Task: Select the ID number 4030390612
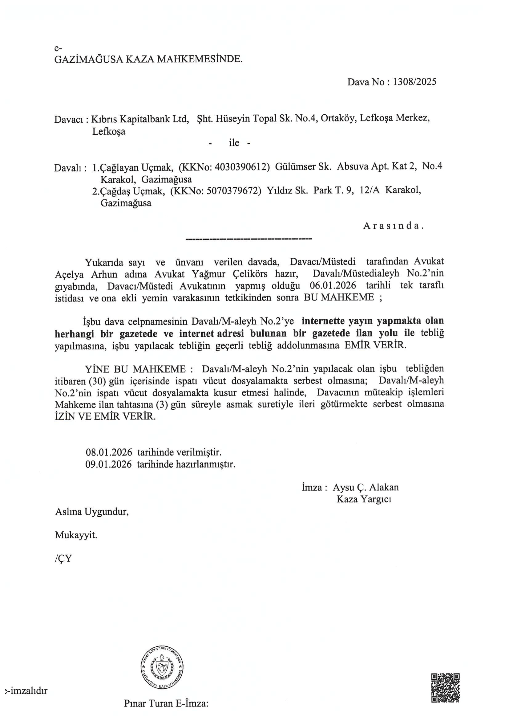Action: [239, 167]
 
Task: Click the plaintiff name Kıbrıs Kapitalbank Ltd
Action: [139, 119]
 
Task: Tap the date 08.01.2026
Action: [108, 453]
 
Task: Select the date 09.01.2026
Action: [108, 464]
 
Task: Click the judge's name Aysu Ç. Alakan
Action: [366, 487]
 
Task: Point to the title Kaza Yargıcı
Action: [363, 499]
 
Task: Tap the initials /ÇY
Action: [63, 558]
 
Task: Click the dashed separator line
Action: [249, 240]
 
